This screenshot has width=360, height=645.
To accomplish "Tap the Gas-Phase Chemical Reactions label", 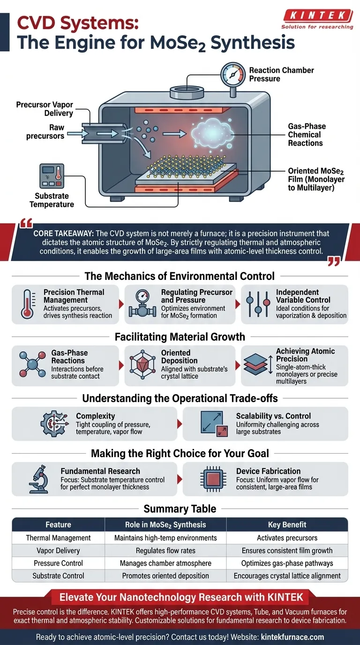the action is coord(307,135).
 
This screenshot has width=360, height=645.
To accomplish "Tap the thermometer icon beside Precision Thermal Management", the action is coord(27,304).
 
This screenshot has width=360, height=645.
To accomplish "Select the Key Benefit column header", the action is coord(287,525).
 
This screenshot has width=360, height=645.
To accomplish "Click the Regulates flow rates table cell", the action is coord(165,550).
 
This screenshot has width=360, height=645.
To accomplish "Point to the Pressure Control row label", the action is coord(58,563).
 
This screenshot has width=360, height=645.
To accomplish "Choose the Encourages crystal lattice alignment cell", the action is coord(287,576).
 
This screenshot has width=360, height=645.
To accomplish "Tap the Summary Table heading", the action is coord(180,509).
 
